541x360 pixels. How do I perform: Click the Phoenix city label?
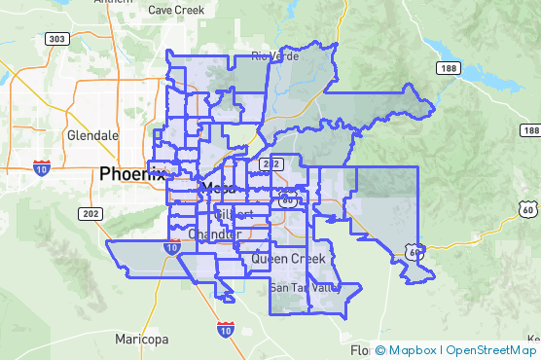click(132, 174)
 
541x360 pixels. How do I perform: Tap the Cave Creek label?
click(175, 10)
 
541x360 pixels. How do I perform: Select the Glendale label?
click(92, 135)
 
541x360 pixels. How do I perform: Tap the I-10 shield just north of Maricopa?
click(225, 329)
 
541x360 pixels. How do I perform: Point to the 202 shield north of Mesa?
click(272, 162)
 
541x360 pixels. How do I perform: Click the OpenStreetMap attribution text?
click(490, 350)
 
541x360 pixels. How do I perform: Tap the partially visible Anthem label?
click(112, 3)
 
